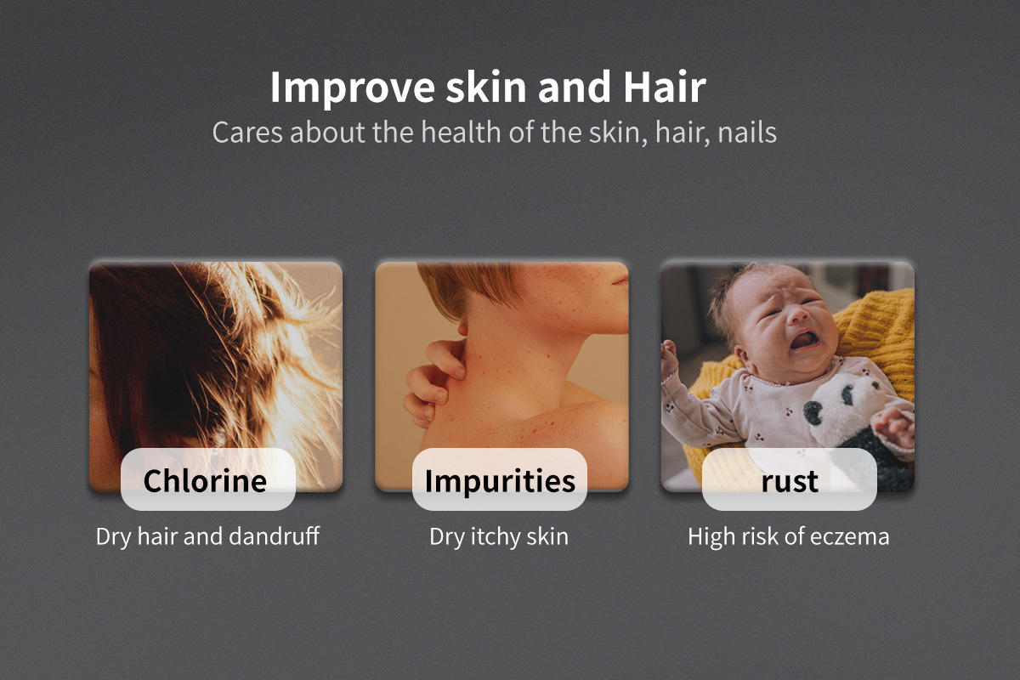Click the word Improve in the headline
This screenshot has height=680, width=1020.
pyautogui.click(x=353, y=88)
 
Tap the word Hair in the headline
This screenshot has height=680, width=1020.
pyautogui.click(x=665, y=87)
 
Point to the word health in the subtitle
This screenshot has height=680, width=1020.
pyautogui.click(x=461, y=133)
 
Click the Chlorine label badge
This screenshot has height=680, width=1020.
pyautogui.click(x=208, y=479)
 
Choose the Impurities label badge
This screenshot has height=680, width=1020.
pyautogui.click(x=500, y=479)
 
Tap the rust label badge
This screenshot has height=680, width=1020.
pyautogui.click(x=790, y=479)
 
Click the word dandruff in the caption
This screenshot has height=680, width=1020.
pyautogui.click(x=274, y=536)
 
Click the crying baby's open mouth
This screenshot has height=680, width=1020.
pyautogui.click(x=804, y=340)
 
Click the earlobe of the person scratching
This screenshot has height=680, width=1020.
pyautogui.click(x=463, y=327)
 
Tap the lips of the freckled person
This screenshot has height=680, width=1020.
pyautogui.click(x=620, y=280)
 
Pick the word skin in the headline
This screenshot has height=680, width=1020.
pyautogui.click(x=486, y=87)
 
